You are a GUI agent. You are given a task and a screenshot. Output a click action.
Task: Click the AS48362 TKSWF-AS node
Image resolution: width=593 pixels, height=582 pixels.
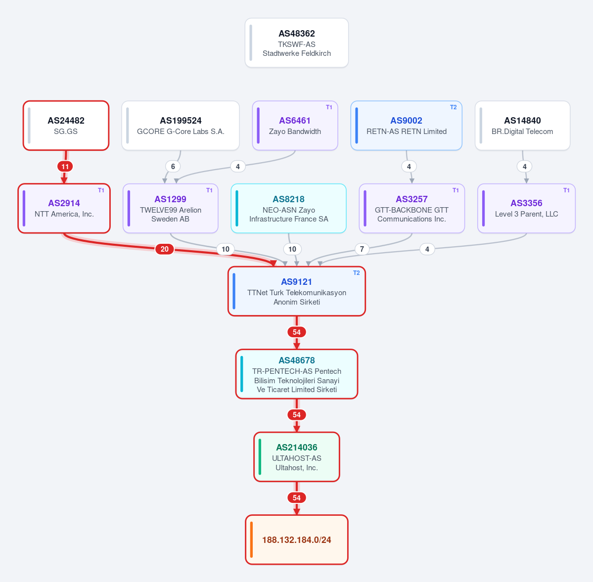297,43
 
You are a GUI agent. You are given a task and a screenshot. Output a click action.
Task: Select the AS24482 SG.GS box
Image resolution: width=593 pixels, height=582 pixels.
66,126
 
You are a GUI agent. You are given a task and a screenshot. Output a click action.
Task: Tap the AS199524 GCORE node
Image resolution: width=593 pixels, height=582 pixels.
181,126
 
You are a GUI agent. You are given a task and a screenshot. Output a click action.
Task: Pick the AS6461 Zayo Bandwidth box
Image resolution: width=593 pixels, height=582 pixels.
295,126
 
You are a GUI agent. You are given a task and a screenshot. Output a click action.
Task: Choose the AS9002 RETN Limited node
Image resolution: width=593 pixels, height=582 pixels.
407,126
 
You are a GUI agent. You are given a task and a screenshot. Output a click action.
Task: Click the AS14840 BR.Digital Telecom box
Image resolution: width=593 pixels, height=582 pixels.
522,126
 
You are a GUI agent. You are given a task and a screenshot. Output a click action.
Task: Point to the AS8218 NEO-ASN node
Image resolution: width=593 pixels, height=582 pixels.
288,208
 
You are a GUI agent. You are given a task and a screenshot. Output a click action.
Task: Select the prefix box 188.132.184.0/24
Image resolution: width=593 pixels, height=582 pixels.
297,539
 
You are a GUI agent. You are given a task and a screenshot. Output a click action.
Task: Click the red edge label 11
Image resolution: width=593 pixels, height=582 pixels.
65,167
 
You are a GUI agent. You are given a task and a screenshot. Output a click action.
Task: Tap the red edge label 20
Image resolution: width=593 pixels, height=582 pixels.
165,249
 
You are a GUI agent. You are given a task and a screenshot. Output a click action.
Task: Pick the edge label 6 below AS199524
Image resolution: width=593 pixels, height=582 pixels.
173,167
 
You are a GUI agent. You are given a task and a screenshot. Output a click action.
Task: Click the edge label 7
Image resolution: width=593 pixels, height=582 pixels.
362,249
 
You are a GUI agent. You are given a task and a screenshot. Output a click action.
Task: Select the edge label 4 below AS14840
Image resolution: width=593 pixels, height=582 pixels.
525,167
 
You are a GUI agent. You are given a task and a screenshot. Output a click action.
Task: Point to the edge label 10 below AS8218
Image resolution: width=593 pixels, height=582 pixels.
292,249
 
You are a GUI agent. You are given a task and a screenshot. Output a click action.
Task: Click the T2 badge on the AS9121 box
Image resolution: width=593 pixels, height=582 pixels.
356,273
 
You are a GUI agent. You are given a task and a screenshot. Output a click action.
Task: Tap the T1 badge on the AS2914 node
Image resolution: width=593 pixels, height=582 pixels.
101,190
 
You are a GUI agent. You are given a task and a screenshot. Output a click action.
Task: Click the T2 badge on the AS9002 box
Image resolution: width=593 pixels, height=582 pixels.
453,107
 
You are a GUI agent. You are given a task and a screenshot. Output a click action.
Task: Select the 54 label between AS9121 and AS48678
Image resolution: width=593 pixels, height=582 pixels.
297,332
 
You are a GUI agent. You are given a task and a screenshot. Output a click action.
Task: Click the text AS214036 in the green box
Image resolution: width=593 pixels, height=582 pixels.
297,448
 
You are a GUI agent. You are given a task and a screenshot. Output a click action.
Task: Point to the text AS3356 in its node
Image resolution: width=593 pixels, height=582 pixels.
526,203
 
